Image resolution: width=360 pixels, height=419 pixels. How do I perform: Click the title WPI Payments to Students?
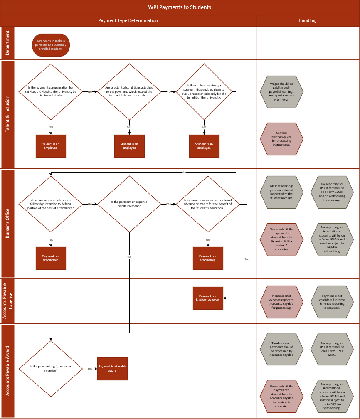click(x=180, y=7)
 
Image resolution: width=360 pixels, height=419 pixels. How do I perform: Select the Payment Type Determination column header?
click(x=128, y=20)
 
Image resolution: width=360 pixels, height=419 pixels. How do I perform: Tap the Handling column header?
click(x=308, y=20)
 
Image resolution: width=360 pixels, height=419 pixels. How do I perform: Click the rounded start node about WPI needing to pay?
click(x=51, y=45)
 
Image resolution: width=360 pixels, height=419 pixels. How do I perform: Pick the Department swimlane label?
click(x=8, y=43)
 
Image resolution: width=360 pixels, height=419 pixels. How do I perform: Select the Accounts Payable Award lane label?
click(x=8, y=371)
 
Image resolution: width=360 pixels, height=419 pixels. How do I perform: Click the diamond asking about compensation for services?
click(x=51, y=91)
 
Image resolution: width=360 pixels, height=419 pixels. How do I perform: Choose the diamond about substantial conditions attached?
click(x=129, y=91)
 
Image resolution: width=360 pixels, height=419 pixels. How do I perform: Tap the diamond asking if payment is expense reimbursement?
click(x=129, y=204)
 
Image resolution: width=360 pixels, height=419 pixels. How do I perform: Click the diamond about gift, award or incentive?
click(x=51, y=368)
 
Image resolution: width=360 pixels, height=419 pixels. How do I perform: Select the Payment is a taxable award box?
click(x=112, y=369)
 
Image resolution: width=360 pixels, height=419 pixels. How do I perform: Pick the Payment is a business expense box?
click(x=208, y=298)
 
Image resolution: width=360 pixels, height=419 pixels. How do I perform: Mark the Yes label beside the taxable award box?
click(x=90, y=368)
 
